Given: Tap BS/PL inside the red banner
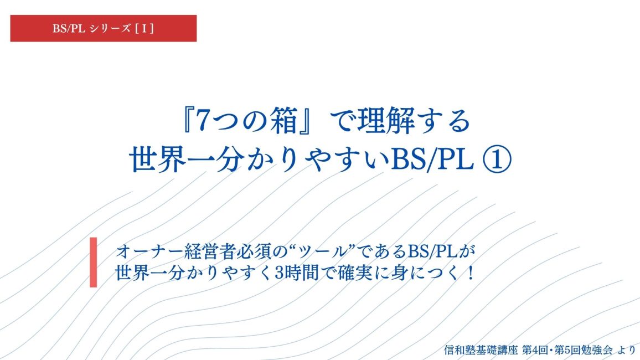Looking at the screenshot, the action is [x=69, y=29].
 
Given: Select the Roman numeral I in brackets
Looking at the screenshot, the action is [x=144, y=29].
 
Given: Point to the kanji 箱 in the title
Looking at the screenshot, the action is [x=282, y=121].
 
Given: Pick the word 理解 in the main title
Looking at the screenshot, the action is [x=386, y=121].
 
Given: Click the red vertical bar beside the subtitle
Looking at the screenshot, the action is [x=94, y=262].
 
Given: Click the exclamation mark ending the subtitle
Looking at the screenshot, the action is [x=472, y=273].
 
